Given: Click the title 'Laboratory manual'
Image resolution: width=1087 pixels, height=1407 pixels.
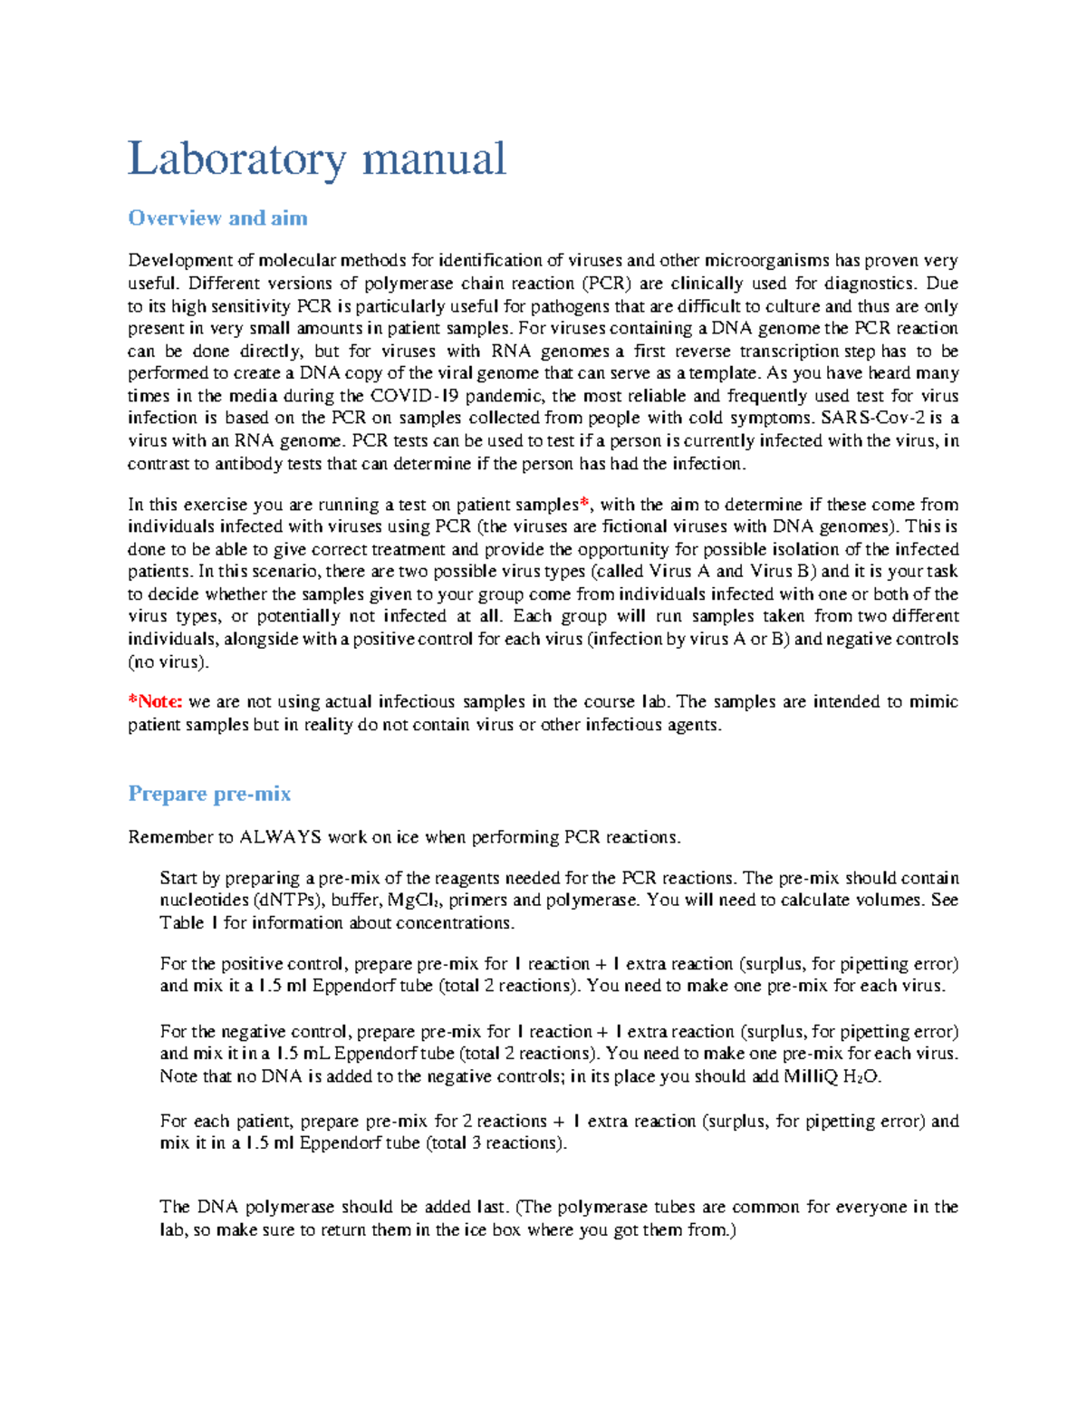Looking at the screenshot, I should coord(316,159).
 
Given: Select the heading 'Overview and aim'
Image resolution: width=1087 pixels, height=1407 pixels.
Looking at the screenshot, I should coord(217,218).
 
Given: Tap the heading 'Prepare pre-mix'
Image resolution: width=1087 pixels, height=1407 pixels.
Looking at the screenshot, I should coord(209,794).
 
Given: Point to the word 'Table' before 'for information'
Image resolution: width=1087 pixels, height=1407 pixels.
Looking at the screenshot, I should coord(182,923).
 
